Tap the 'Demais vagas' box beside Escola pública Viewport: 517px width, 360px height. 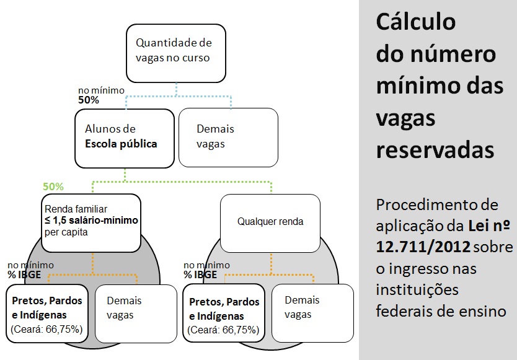pyautogui.click(x=228, y=137)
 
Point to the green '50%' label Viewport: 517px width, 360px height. pyautogui.click(x=53, y=187)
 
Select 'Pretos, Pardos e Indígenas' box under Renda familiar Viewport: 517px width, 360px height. pyautogui.click(x=48, y=314)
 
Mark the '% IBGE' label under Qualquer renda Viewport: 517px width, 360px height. pyautogui.click(x=200, y=274)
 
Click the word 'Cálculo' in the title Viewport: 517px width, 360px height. pyautogui.click(x=415, y=22)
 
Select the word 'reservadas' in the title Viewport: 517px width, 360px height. pyautogui.click(x=435, y=150)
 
